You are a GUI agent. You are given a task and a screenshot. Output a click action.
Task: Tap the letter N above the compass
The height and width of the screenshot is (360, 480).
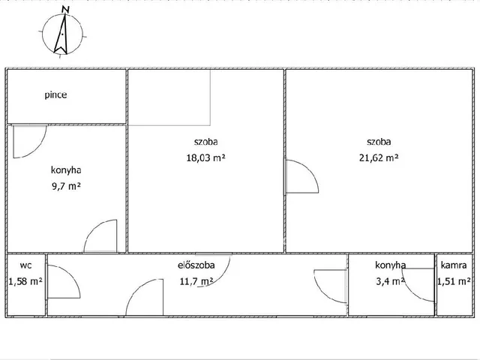(x=67, y=10)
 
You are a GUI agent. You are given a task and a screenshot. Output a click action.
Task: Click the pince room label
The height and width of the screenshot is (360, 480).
(x=55, y=96)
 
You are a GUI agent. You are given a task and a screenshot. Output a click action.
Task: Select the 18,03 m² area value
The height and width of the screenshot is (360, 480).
(x=205, y=157)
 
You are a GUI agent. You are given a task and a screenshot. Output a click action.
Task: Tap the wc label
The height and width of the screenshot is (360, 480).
(x=25, y=265)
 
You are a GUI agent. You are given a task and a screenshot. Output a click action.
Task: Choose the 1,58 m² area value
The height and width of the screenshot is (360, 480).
(x=25, y=281)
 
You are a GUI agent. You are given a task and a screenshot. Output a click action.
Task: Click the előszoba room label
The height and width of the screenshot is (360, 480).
(x=196, y=265)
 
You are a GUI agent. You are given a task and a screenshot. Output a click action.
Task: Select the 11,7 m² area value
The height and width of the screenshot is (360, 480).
(x=196, y=281)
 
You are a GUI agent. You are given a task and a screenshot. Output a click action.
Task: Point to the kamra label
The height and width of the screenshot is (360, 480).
(x=454, y=265)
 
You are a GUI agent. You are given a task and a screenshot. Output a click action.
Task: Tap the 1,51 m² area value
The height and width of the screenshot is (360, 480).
(x=454, y=281)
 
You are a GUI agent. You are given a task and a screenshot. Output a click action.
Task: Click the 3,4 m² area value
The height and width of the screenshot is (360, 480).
(x=391, y=281)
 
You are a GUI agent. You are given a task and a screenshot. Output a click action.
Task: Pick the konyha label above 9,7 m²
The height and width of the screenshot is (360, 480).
(x=66, y=170)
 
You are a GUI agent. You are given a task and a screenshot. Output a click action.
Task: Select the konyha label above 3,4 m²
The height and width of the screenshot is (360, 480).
(x=391, y=265)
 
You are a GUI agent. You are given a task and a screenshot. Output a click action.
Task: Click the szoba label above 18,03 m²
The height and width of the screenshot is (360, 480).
(x=205, y=141)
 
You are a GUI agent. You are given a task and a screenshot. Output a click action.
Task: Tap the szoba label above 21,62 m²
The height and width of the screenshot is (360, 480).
(x=378, y=141)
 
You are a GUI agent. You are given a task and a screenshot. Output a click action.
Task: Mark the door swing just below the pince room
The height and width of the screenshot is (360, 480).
(x=28, y=141)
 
